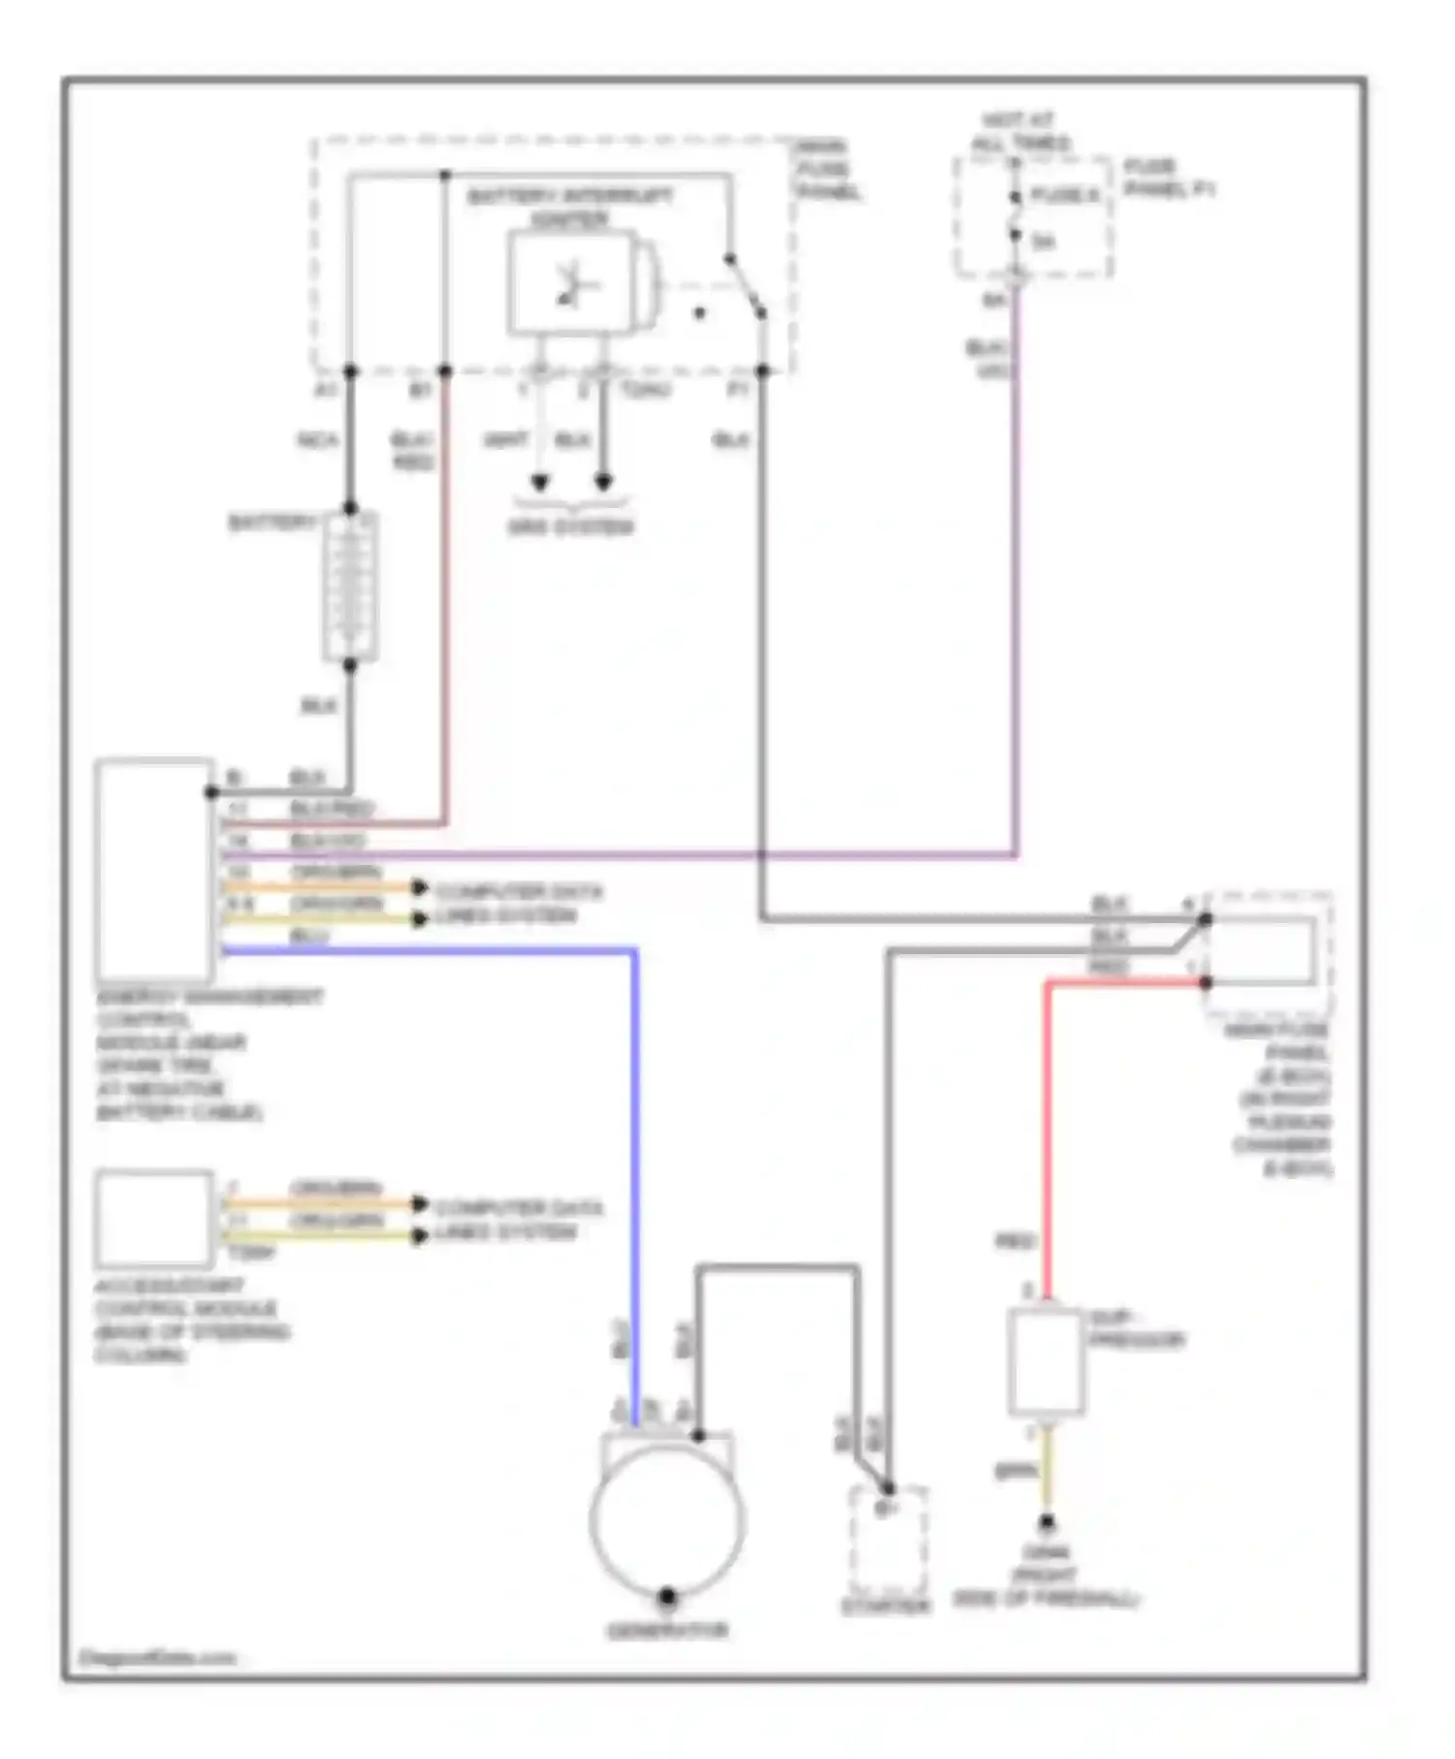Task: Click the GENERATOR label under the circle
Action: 667,1630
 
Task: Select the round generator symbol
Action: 667,1520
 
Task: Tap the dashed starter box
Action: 888,1542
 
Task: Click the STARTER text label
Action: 885,1607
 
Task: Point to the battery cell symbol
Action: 349,587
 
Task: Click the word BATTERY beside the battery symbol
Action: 272,524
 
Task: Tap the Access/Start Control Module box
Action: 154,1219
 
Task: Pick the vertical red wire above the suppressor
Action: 1048,1135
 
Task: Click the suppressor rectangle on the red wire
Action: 1046,1361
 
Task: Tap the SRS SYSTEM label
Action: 570,528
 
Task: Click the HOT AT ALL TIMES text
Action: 1020,132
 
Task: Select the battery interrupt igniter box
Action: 572,284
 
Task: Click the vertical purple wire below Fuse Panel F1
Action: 1016,582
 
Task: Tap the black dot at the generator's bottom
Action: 667,1595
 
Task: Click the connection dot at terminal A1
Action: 350,371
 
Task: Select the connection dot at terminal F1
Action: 762,371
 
